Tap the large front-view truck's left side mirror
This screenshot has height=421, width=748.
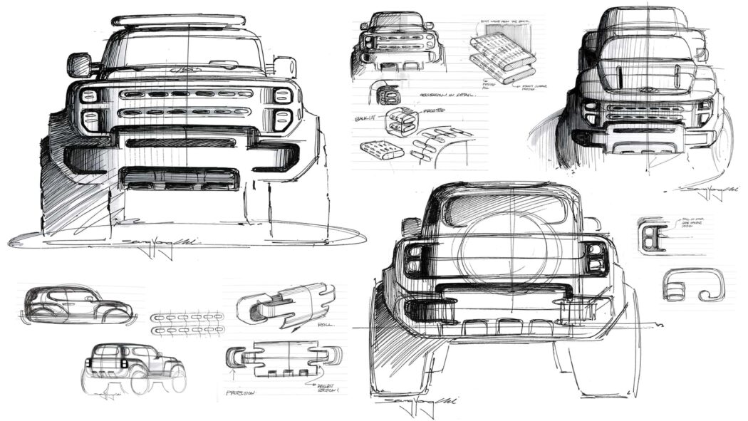[79, 65]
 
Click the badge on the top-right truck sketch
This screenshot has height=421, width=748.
[648, 90]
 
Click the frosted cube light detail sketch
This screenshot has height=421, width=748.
[400, 121]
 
